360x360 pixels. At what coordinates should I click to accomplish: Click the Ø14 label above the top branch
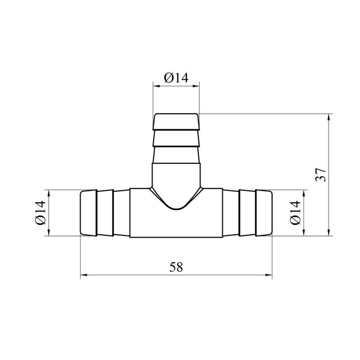coord(176,78)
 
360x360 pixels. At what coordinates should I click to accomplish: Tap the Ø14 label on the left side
coord(41,213)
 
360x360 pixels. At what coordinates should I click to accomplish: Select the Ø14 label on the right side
coord(295,213)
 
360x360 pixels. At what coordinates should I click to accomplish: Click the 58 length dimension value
coord(176,267)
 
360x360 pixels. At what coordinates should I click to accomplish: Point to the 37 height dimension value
coord(321,175)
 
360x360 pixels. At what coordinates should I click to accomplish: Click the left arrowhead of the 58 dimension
coord(84,275)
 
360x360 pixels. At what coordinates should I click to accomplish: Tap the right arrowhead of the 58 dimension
coord(269,275)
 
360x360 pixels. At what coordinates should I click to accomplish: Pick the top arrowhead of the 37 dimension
coord(329,117)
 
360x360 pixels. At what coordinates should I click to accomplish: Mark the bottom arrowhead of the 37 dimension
coord(329,233)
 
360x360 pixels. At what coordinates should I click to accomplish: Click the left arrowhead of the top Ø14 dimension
coord(157,86)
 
